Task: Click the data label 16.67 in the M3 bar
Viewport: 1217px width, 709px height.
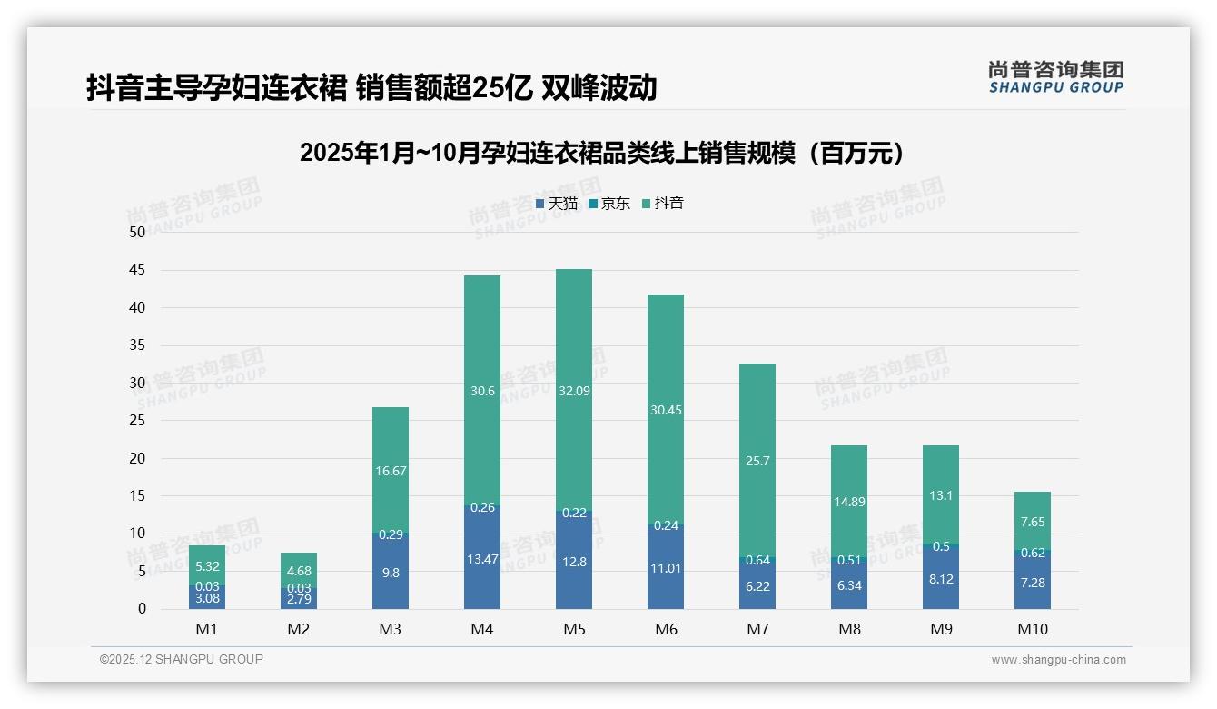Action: point(391,471)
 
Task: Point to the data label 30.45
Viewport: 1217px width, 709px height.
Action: point(666,410)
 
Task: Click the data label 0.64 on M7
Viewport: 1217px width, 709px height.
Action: point(757,560)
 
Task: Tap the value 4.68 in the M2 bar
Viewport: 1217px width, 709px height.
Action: point(299,572)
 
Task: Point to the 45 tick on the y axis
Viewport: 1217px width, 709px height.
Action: point(137,270)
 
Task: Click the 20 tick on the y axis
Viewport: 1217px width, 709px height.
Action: point(137,458)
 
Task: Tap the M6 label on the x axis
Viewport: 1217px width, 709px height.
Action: point(666,629)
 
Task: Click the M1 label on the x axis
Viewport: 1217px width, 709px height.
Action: point(207,629)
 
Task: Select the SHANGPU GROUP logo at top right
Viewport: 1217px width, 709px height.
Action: point(1055,77)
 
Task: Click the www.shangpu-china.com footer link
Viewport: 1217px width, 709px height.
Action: point(1058,660)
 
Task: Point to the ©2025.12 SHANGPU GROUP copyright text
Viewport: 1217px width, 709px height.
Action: point(182,660)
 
